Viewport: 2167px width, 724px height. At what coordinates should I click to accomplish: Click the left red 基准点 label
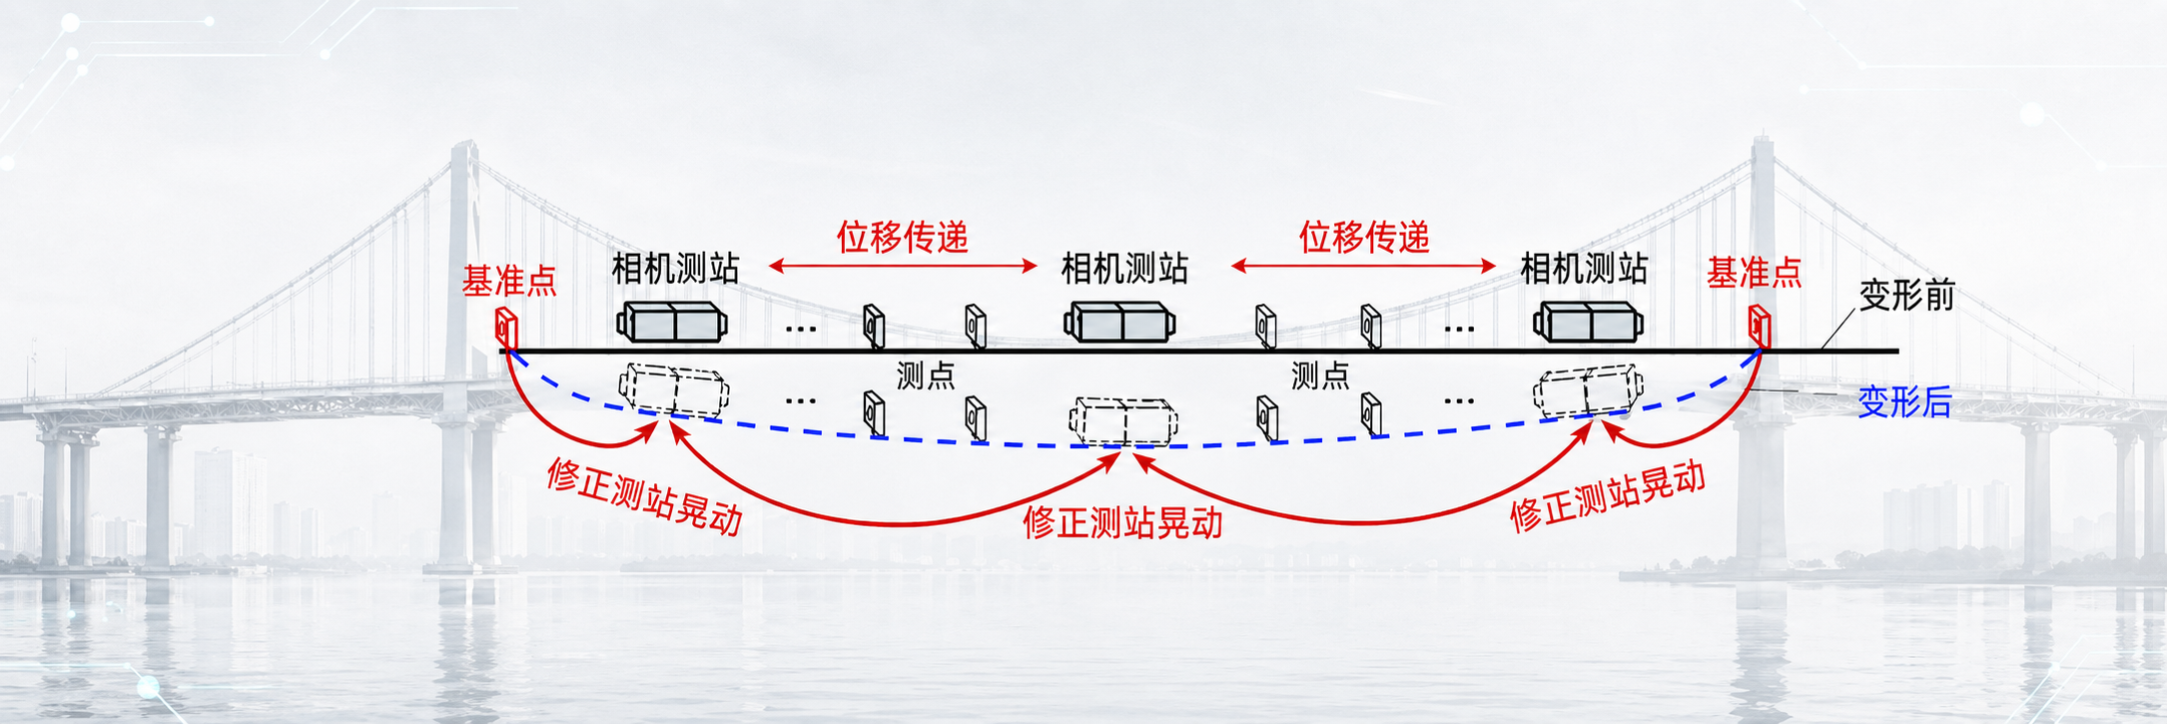(509, 282)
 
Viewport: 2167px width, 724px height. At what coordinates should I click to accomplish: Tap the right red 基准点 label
(1754, 273)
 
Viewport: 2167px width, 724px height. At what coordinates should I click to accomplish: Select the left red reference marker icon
(506, 328)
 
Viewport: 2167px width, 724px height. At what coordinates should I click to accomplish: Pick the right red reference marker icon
(1759, 326)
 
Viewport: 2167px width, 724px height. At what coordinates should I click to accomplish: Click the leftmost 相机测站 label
(675, 269)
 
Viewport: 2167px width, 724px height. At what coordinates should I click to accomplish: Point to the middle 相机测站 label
(1124, 269)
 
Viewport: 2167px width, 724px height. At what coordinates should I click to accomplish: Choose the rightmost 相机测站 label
(1584, 269)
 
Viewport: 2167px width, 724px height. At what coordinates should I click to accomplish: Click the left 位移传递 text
(902, 238)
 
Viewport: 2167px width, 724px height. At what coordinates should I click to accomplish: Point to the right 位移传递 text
(1364, 238)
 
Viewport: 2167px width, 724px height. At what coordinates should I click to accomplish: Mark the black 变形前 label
(1906, 296)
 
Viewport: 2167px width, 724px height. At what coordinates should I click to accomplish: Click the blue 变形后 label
(1903, 401)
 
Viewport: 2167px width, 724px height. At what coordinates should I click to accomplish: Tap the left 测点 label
(925, 375)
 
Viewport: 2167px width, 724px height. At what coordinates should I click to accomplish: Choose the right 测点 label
(1320, 375)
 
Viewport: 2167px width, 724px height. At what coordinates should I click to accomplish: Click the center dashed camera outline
(1123, 421)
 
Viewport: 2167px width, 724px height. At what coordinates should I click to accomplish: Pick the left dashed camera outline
(673, 389)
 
